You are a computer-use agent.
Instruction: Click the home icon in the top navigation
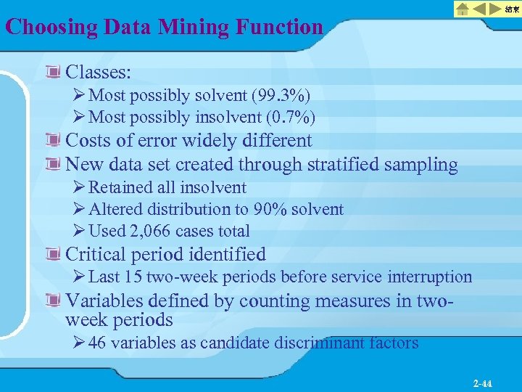tap(463, 9)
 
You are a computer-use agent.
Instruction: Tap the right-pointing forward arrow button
tap(495, 9)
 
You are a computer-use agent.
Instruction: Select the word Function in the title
tap(280, 28)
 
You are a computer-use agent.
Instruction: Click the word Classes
tap(98, 73)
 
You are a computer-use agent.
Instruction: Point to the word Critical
tap(96, 255)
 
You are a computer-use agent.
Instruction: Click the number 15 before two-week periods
tap(133, 277)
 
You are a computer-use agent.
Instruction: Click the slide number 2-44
tap(482, 382)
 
